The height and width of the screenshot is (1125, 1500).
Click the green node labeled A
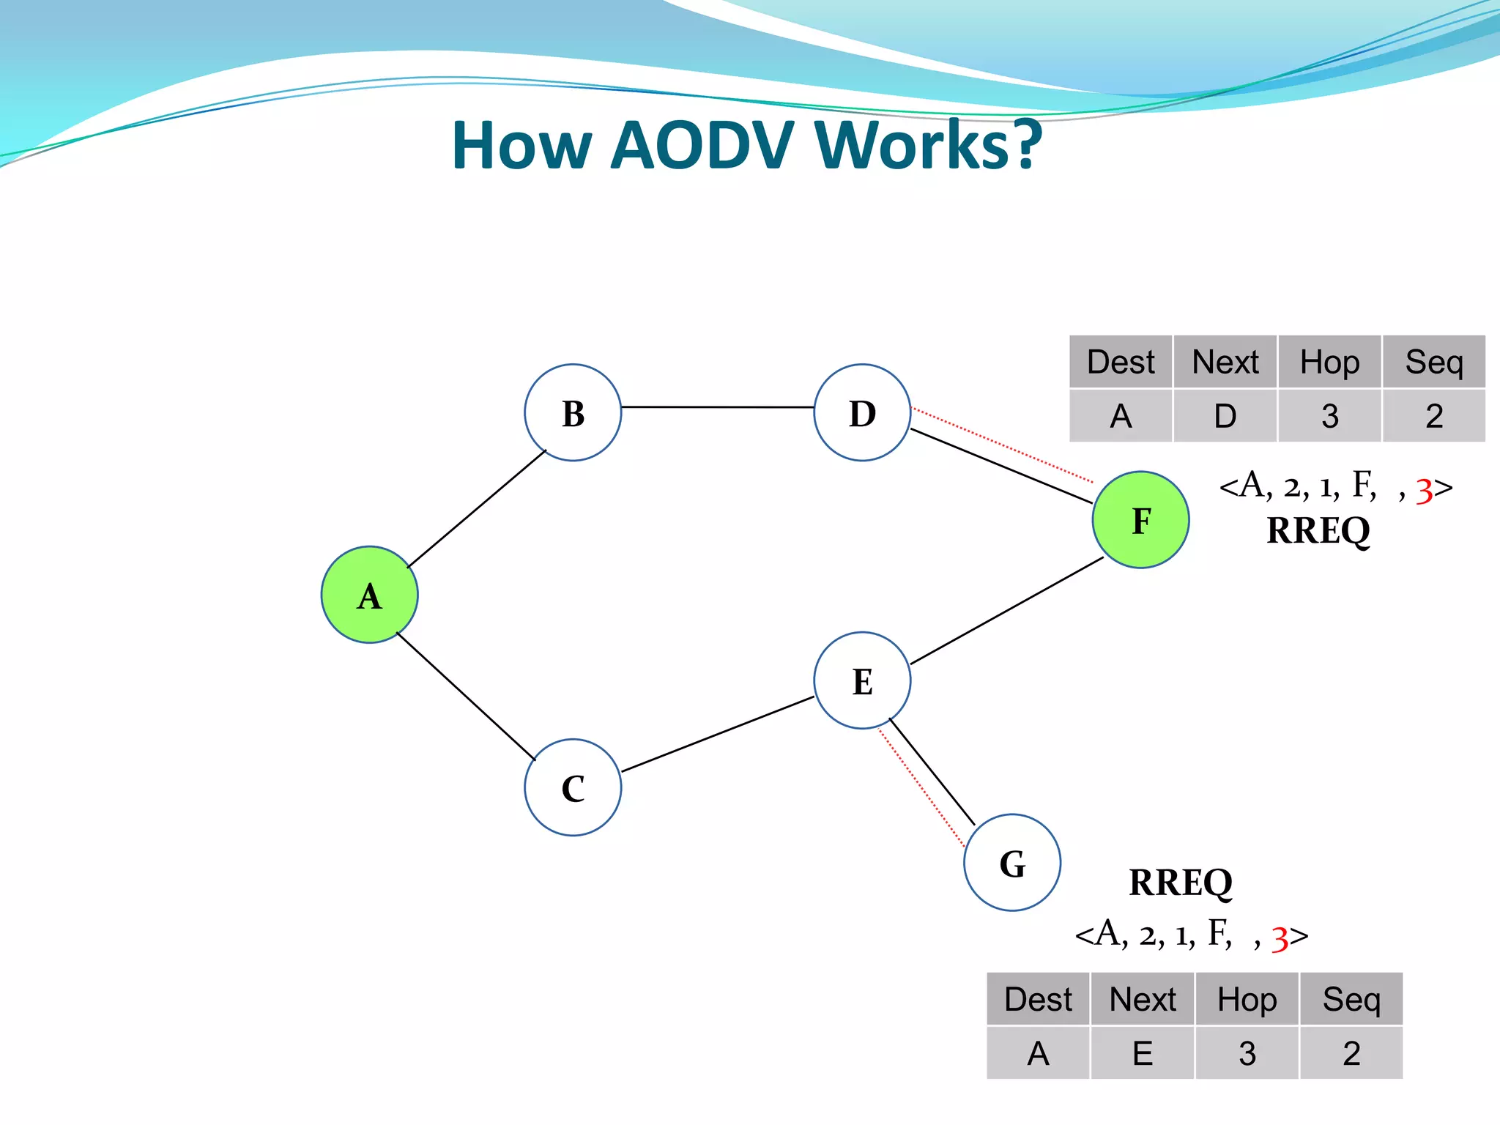point(369,595)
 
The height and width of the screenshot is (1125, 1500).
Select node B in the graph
point(573,412)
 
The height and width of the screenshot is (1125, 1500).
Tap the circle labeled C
point(573,787)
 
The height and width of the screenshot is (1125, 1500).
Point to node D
point(862,412)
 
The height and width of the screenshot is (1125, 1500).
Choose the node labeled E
point(862,680)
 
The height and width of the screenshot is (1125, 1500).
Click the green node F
point(1140,519)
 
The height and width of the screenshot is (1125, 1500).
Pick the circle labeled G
point(1012,863)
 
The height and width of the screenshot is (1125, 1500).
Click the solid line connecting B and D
point(718,406)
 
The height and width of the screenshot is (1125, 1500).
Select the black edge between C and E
point(718,734)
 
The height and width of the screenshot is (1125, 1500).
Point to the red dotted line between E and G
point(921,787)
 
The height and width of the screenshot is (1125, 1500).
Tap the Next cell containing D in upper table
point(1225,416)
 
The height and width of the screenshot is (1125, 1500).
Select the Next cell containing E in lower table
point(1143,1053)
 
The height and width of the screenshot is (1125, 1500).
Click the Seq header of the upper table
point(1433,362)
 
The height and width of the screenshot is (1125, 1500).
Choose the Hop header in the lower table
point(1247,999)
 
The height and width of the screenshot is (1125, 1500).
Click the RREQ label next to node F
point(1318,530)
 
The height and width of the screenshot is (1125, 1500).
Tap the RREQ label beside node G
point(1181,882)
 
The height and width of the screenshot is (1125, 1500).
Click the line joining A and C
point(466,696)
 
